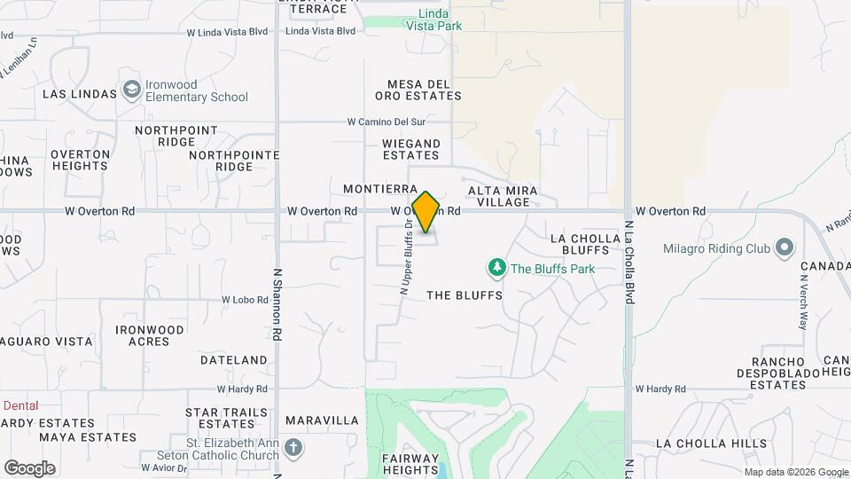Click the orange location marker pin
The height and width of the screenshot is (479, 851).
426,212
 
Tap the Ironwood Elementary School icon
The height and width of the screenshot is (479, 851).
132,90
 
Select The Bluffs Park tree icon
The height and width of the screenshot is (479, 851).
497,267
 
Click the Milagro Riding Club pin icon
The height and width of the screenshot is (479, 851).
784,247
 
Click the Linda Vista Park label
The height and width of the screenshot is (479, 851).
434,20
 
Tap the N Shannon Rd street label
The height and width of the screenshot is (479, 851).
277,305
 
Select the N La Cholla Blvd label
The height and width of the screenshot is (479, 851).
628,263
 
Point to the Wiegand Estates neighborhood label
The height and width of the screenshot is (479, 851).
411,149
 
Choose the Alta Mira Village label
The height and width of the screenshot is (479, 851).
498,196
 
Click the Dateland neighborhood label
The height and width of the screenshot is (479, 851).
234,360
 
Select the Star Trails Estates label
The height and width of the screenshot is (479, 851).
226,419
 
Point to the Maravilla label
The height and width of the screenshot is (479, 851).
322,420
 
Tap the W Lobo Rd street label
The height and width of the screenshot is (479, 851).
244,300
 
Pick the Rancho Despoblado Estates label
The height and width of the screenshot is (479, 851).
766,373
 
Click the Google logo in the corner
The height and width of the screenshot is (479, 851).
29,467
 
